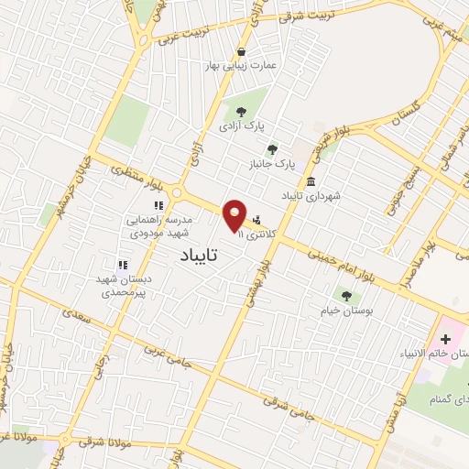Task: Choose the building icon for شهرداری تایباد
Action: (x=311, y=180)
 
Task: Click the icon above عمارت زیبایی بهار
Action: (x=241, y=52)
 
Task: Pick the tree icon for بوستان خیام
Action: (x=346, y=295)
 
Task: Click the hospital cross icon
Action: (x=445, y=340)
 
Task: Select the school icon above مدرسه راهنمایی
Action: (x=157, y=206)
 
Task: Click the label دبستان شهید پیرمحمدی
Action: (x=124, y=286)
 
